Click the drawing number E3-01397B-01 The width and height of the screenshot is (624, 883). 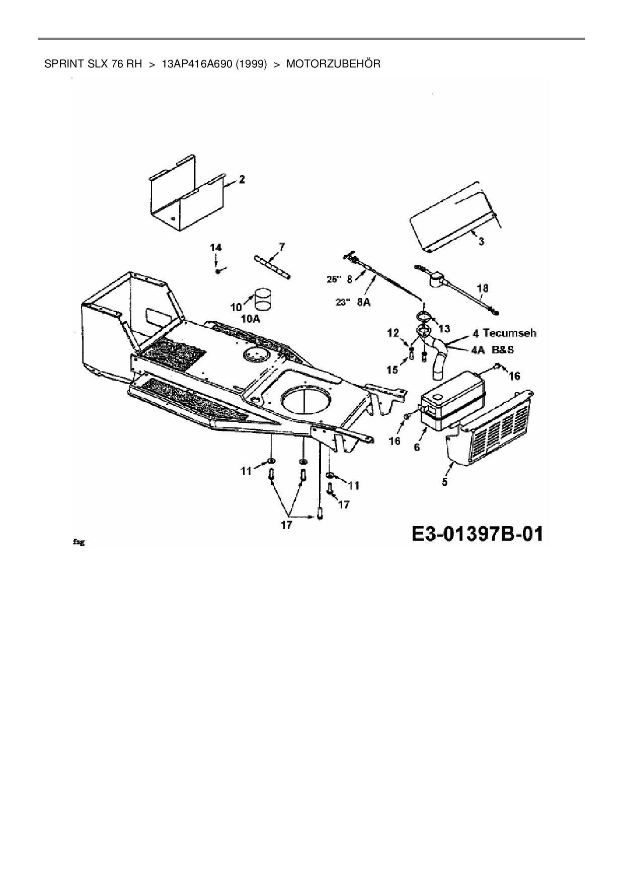click(478, 534)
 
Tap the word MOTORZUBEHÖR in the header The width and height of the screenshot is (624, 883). click(333, 64)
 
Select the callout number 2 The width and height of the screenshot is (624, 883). click(242, 179)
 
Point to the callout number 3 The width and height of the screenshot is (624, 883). click(481, 242)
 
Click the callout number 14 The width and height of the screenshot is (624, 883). click(216, 247)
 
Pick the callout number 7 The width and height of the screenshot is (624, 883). click(281, 246)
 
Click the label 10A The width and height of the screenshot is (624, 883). click(250, 319)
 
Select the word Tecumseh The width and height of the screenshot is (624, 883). click(509, 333)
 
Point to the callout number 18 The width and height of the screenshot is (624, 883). click(482, 288)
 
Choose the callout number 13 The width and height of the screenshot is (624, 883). click(444, 329)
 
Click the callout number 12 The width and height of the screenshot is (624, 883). click(393, 333)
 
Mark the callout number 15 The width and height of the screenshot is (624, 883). click(392, 370)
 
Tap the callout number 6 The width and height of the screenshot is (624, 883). click(417, 446)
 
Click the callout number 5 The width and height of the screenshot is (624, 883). click(444, 482)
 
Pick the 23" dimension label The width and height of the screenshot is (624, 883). click(342, 302)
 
